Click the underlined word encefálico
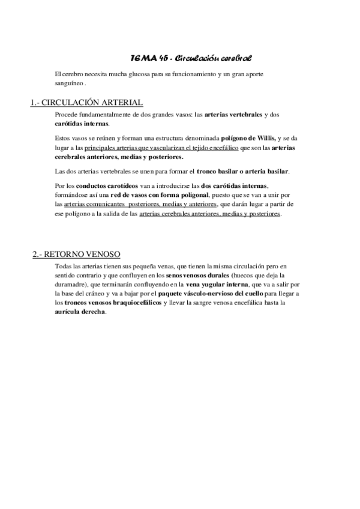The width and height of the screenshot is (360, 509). (220, 147)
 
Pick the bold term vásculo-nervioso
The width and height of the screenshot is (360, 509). (219, 294)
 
